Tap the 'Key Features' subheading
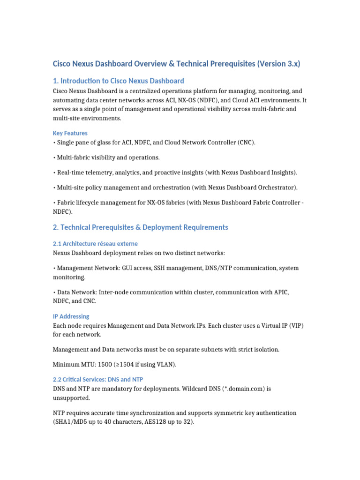click(70, 133)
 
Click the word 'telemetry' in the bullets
click(106, 172)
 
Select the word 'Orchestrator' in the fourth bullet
click(276, 187)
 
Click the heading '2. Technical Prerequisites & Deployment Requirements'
click(140, 227)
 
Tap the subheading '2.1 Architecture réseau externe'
click(95, 244)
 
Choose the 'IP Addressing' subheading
click(71, 316)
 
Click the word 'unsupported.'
click(71, 397)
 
